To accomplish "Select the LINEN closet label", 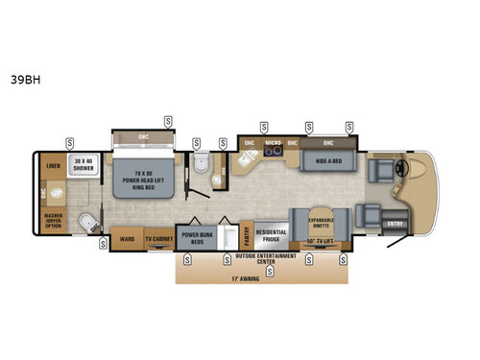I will coord(52,165).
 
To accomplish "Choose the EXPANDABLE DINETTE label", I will coord(320,221).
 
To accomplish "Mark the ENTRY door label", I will coord(395,225).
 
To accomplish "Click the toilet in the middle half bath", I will coord(199,165).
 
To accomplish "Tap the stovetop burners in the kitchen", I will coord(271,154).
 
